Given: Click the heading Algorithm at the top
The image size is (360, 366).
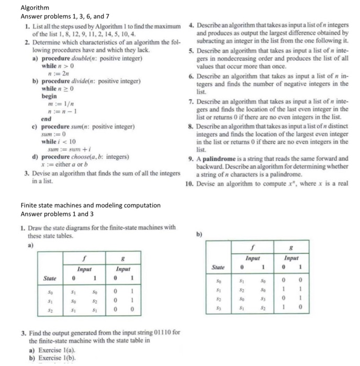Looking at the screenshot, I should tap(35, 8).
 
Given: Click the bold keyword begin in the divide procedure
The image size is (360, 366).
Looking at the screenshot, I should tap(50, 97).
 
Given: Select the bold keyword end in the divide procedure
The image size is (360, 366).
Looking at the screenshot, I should tap(47, 119).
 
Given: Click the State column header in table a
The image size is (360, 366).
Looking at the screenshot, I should tap(50, 278).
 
